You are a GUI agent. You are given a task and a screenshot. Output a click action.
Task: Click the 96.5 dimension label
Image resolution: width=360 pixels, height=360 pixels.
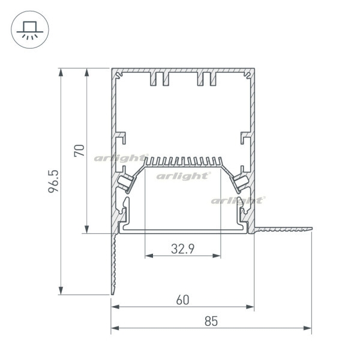click(53, 181)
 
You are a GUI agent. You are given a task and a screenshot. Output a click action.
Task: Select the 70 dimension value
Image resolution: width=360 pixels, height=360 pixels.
click(79, 151)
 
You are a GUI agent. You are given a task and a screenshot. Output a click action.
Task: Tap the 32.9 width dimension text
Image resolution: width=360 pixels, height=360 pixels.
click(183, 248)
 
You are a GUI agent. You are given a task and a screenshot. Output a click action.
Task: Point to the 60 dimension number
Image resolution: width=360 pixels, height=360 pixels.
click(183, 300)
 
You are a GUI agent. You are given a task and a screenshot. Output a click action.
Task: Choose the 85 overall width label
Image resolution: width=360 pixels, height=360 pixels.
click(211, 321)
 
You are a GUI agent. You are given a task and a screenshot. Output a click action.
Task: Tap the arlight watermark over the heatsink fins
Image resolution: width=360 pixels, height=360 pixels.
click(121, 158)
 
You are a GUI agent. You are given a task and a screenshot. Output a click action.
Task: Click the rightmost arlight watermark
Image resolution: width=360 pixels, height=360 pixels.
click(238, 200)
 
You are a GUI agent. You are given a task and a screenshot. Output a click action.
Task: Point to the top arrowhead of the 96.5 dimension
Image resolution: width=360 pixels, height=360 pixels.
click(61, 72)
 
